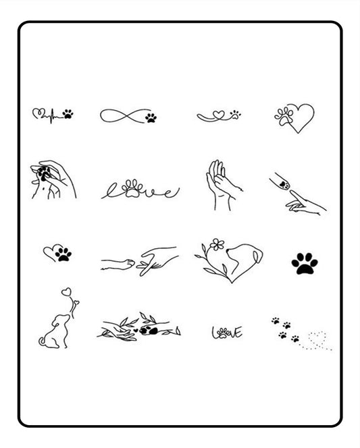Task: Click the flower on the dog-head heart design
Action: [215, 244]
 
